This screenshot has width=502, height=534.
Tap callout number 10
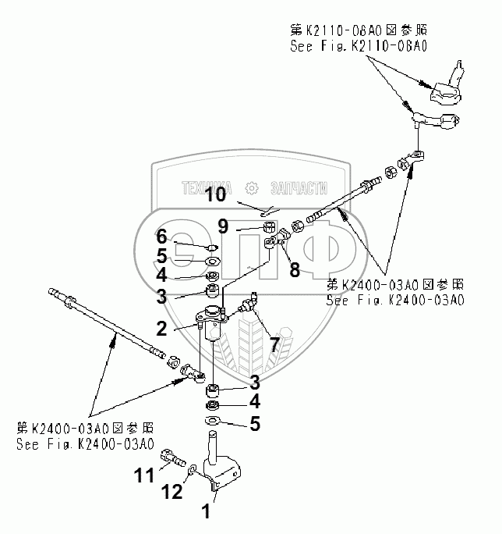(x=217, y=194)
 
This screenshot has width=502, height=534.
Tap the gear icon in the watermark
(x=252, y=187)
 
